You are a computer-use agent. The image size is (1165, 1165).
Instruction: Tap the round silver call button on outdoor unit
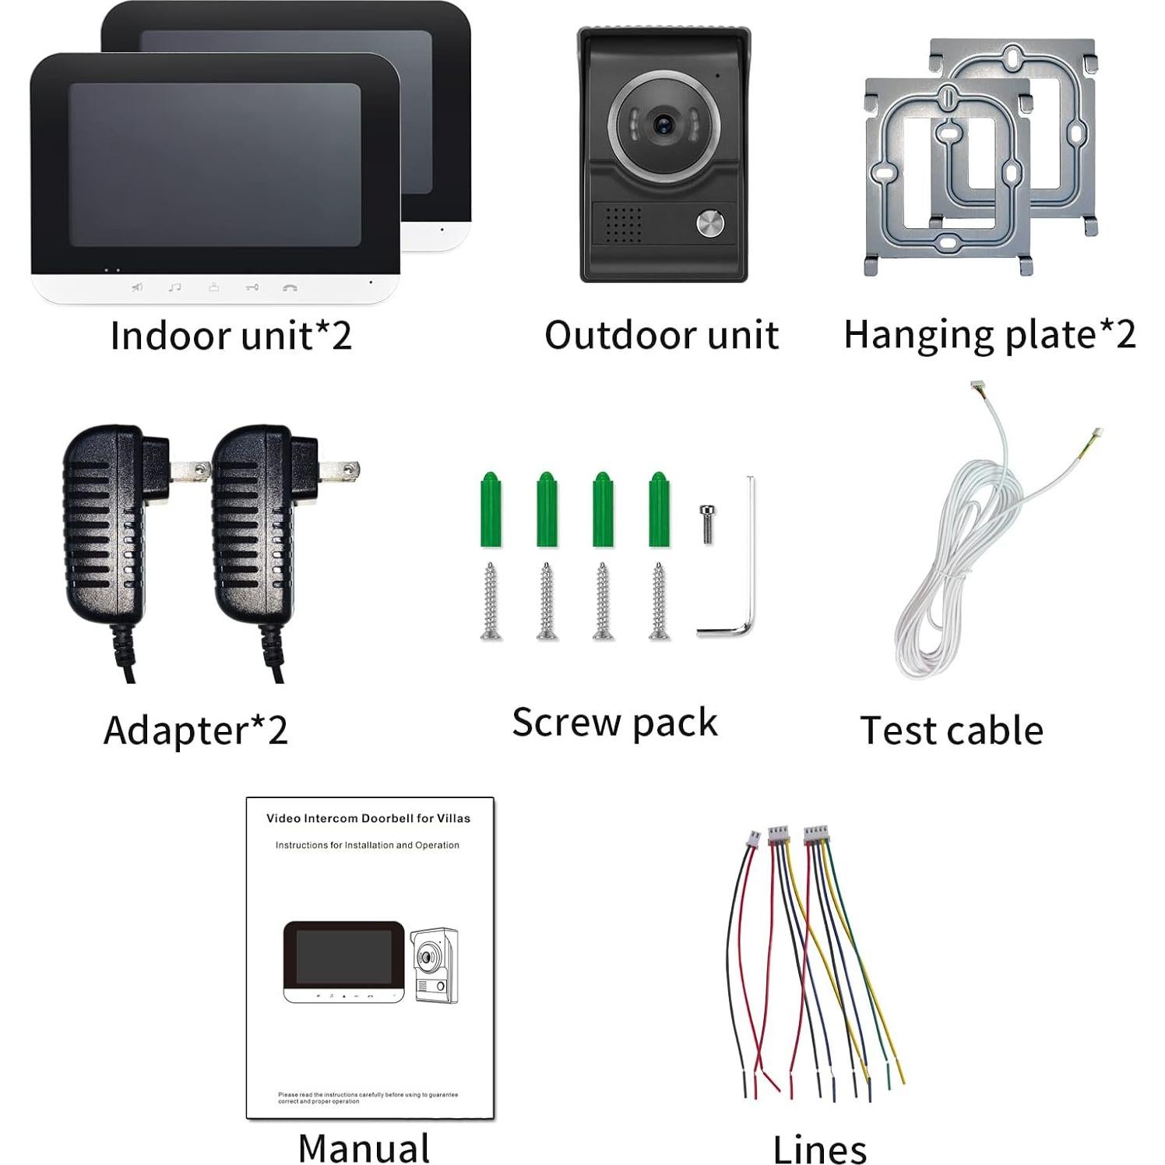coord(709,224)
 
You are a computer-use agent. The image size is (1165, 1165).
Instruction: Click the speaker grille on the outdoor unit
coord(623,224)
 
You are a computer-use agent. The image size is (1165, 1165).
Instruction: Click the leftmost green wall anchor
coord(491,510)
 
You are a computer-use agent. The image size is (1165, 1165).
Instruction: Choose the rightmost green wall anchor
coord(659,510)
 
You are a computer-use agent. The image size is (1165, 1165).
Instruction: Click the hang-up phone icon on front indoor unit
coord(290,288)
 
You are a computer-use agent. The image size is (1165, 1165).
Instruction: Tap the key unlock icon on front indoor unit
coord(252,288)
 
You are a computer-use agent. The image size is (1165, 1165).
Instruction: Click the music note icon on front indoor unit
coord(175,288)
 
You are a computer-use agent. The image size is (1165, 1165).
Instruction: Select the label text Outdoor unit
coord(661,336)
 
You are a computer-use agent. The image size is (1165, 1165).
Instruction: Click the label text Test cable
coord(951,730)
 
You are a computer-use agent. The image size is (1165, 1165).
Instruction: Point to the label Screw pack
coord(614,723)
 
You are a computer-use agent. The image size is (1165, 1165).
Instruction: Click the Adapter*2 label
coord(195,730)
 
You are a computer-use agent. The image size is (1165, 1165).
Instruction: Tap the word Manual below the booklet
coord(364,1148)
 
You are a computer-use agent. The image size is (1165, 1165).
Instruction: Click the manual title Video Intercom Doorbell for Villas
coord(368,818)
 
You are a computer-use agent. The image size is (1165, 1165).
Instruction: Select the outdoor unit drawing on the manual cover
coord(435,964)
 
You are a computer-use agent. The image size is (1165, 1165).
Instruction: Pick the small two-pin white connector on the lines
coord(753,839)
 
